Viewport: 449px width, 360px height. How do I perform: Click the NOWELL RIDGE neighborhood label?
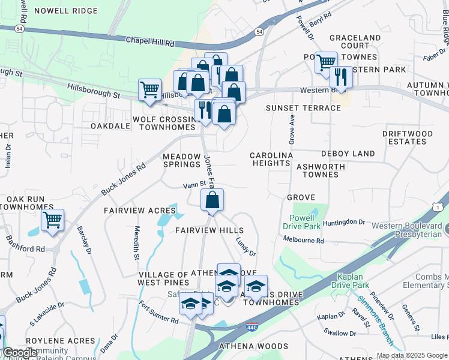click(65, 11)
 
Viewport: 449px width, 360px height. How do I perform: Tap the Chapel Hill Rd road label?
click(149, 42)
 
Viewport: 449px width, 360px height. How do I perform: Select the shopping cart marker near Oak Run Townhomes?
click(53, 220)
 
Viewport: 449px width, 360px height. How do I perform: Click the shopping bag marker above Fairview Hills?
click(212, 200)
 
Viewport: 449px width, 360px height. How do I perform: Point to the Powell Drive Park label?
click(304, 222)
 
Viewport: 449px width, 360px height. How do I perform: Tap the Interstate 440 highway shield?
click(253, 328)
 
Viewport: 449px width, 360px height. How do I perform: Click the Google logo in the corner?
click(19, 353)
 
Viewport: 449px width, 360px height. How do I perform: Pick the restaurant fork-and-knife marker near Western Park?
click(341, 77)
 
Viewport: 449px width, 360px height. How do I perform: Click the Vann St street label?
click(194, 185)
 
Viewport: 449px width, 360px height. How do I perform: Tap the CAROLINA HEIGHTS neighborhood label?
click(271, 159)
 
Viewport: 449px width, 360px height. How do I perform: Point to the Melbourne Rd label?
click(304, 241)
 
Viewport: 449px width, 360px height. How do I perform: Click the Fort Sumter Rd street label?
click(159, 312)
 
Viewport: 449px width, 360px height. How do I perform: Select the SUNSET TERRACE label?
click(295, 108)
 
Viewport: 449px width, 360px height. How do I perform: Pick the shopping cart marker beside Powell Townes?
click(326, 61)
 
